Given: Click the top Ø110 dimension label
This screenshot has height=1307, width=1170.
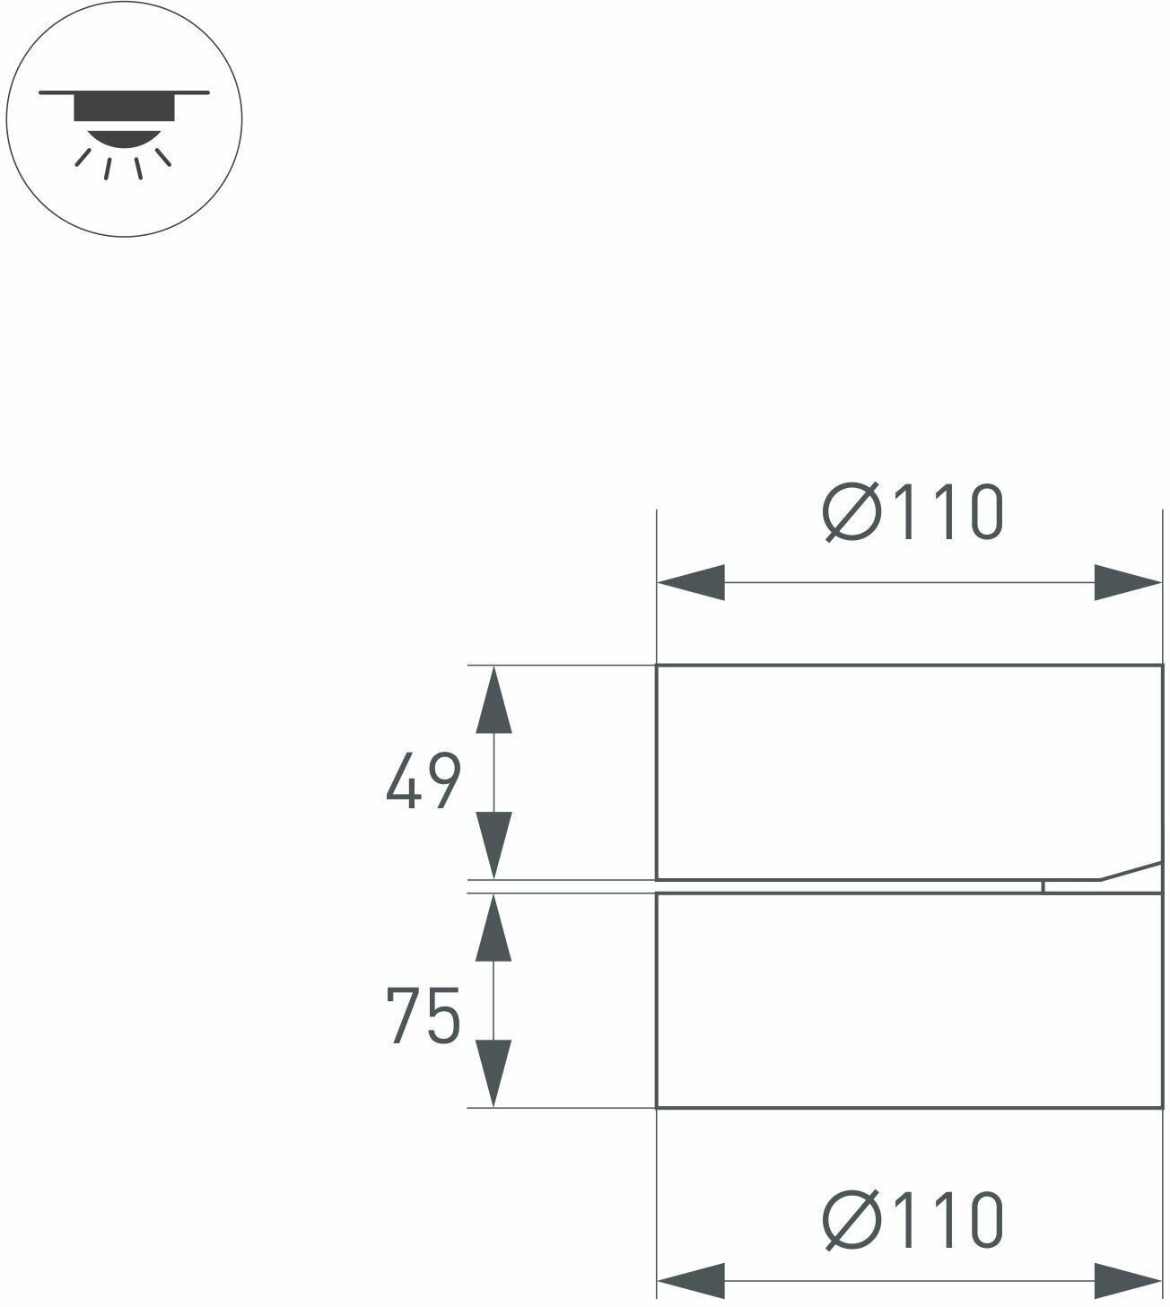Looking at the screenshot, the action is click(x=912, y=513).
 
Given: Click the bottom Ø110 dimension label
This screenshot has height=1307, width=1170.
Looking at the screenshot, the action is click(x=912, y=1220).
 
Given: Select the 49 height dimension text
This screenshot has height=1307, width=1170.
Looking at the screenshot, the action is click(x=423, y=781).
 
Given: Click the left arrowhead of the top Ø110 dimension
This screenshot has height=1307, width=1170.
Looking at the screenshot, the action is click(x=691, y=583).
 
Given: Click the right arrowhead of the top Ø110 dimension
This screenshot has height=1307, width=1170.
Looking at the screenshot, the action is click(x=1128, y=583).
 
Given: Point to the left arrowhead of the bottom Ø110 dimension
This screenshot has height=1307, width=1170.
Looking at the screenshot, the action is click(x=691, y=1280).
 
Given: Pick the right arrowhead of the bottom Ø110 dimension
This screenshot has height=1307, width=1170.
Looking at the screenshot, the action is click(x=1128, y=1280).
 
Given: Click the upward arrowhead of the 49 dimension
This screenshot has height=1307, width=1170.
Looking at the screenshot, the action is click(x=493, y=700).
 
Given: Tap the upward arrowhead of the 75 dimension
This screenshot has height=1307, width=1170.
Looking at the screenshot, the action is click(x=493, y=928).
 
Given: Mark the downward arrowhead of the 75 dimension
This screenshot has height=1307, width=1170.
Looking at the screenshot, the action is click(x=493, y=1073).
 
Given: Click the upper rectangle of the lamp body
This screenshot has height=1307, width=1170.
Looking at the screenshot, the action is click(x=908, y=771).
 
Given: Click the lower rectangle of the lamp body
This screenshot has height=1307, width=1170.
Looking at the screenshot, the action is click(x=908, y=1000).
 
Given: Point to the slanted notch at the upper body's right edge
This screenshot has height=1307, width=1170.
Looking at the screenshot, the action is click(x=1131, y=871).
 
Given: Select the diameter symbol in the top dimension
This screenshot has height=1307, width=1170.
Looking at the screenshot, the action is click(x=850, y=513).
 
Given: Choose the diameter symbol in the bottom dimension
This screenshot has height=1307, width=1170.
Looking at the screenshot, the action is click(x=850, y=1220).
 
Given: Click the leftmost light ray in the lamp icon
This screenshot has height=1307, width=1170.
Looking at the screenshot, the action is click(x=83, y=158).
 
